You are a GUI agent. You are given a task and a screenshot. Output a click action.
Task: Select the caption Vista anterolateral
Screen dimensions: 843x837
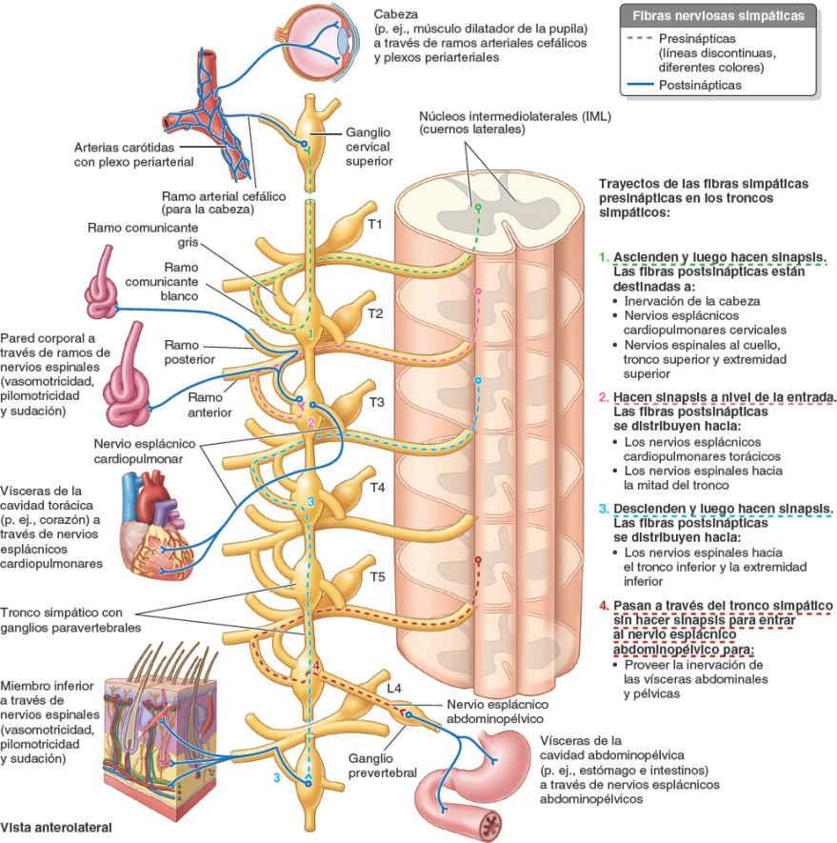click(57, 827)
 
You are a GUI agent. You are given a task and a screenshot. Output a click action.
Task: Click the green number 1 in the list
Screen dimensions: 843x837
click(604, 257)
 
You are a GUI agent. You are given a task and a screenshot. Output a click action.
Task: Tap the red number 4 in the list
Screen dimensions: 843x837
click(604, 605)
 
